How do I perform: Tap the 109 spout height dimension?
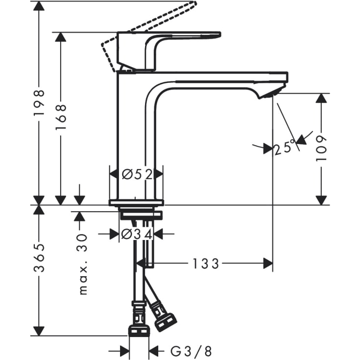(321, 150)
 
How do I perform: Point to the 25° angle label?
(286, 147)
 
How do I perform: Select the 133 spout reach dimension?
(205, 264)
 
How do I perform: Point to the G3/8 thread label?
(191, 351)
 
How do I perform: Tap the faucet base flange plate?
(136, 202)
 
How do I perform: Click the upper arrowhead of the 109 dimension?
(321, 97)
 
